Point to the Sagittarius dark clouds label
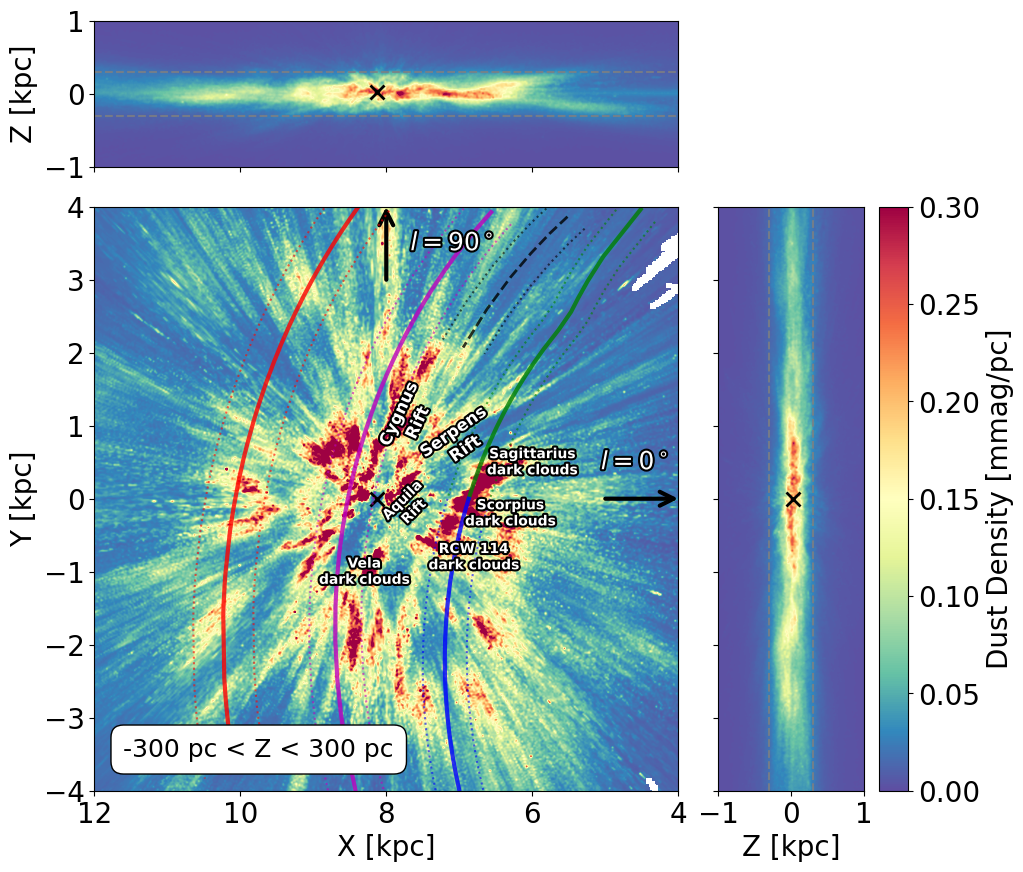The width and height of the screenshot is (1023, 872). pos(532,461)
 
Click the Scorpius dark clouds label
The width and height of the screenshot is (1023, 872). pos(510,512)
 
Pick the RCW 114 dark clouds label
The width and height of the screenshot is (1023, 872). pos(473,557)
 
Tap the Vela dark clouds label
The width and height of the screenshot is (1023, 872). pos(364,571)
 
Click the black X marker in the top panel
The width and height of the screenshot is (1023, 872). pos(377,92)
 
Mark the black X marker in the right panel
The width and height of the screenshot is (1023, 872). pos(793,499)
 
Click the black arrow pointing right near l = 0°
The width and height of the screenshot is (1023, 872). pos(640,499)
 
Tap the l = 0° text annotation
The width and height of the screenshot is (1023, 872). pos(634,460)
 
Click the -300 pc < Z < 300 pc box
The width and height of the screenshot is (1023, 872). pos(258,749)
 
